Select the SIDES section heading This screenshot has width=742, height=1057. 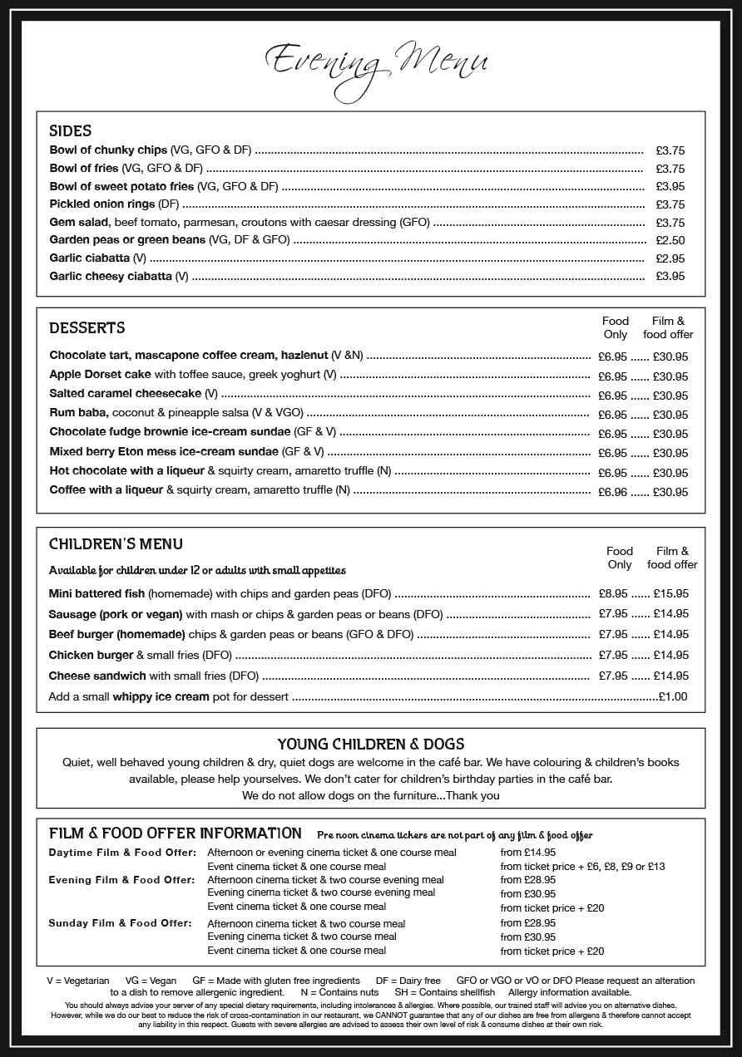coord(71,130)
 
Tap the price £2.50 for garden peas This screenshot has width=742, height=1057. coord(670,240)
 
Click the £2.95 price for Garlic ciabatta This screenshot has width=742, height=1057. coord(670,258)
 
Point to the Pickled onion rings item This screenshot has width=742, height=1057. coord(102,204)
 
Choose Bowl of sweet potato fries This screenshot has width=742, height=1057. coord(121,186)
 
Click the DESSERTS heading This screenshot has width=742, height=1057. coord(87,327)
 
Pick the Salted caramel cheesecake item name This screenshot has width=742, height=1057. coord(126,394)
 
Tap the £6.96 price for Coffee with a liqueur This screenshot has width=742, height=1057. coord(612,492)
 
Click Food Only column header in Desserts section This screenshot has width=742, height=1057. coord(616,327)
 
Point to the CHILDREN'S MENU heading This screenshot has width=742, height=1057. coord(116,544)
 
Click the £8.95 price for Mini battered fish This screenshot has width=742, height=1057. coord(613,594)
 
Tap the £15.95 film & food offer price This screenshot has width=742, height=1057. coord(670,594)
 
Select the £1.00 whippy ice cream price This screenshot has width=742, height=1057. coord(672,696)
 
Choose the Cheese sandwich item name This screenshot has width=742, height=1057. coord(97,676)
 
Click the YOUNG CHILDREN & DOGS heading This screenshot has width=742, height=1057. coord(370,744)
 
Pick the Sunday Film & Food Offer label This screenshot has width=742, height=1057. coord(120,923)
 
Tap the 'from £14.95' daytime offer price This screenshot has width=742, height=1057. coord(527,853)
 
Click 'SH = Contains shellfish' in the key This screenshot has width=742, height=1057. coord(444,992)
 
